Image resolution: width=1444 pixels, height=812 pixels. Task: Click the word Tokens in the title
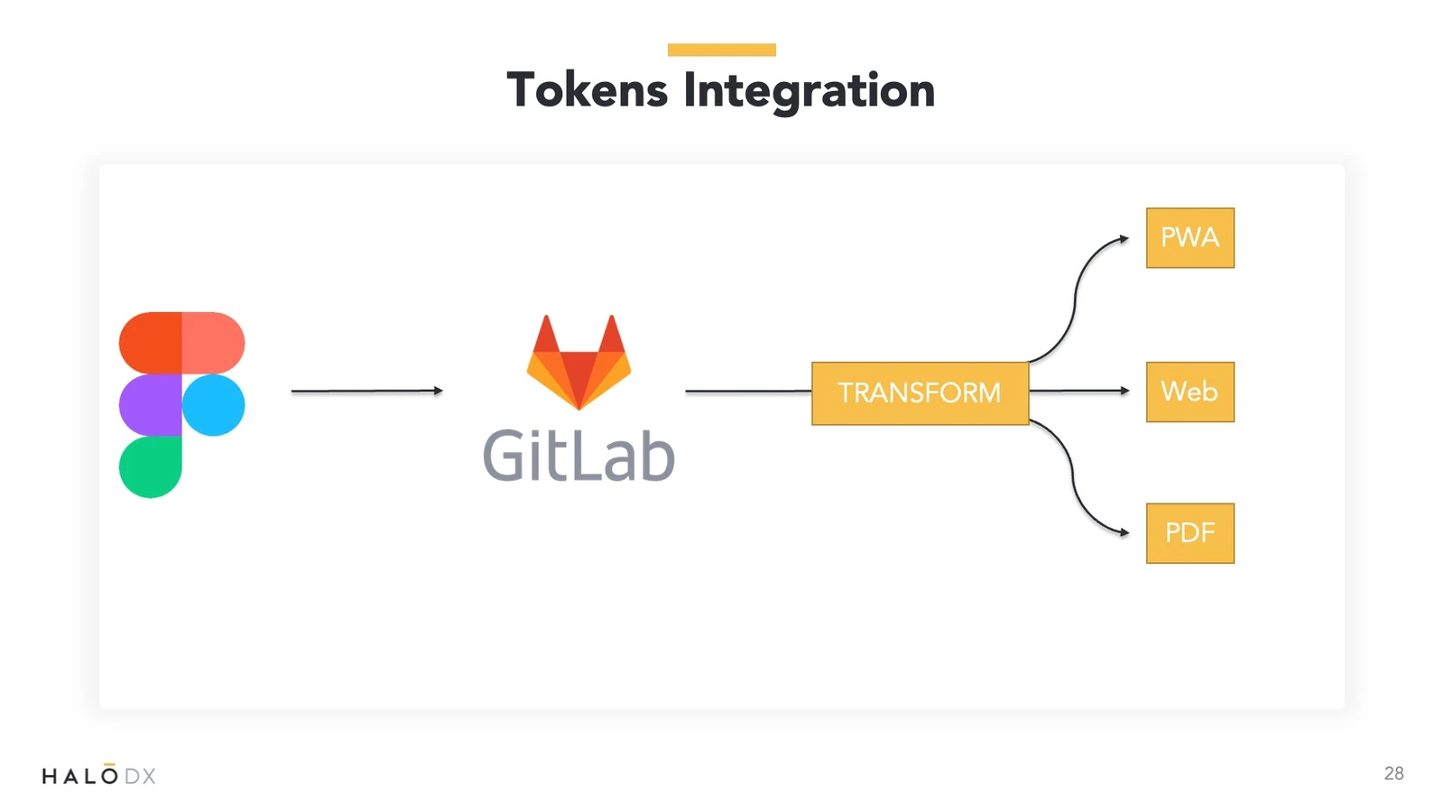588,90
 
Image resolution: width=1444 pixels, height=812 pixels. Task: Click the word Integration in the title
809,92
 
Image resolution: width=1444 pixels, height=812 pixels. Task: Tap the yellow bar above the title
721,50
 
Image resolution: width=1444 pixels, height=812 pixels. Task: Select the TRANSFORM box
920,393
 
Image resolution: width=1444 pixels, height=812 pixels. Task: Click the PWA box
1190,238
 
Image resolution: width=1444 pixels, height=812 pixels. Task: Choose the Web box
1190,392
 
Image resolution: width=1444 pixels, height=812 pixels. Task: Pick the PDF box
1190,533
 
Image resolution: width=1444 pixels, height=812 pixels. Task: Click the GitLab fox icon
579,362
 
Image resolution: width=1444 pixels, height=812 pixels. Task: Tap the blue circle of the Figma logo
213,405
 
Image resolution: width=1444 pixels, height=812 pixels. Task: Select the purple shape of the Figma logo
150,405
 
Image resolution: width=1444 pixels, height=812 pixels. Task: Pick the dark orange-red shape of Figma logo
150,343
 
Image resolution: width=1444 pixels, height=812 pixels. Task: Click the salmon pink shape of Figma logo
213,343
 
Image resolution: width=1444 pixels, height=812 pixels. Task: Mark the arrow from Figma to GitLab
366,391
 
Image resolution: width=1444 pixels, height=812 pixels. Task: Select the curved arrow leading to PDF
1073,478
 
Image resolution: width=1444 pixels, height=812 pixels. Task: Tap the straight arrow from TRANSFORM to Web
1079,391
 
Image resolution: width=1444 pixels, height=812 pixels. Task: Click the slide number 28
1393,773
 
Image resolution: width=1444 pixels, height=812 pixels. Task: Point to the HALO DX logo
98,774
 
